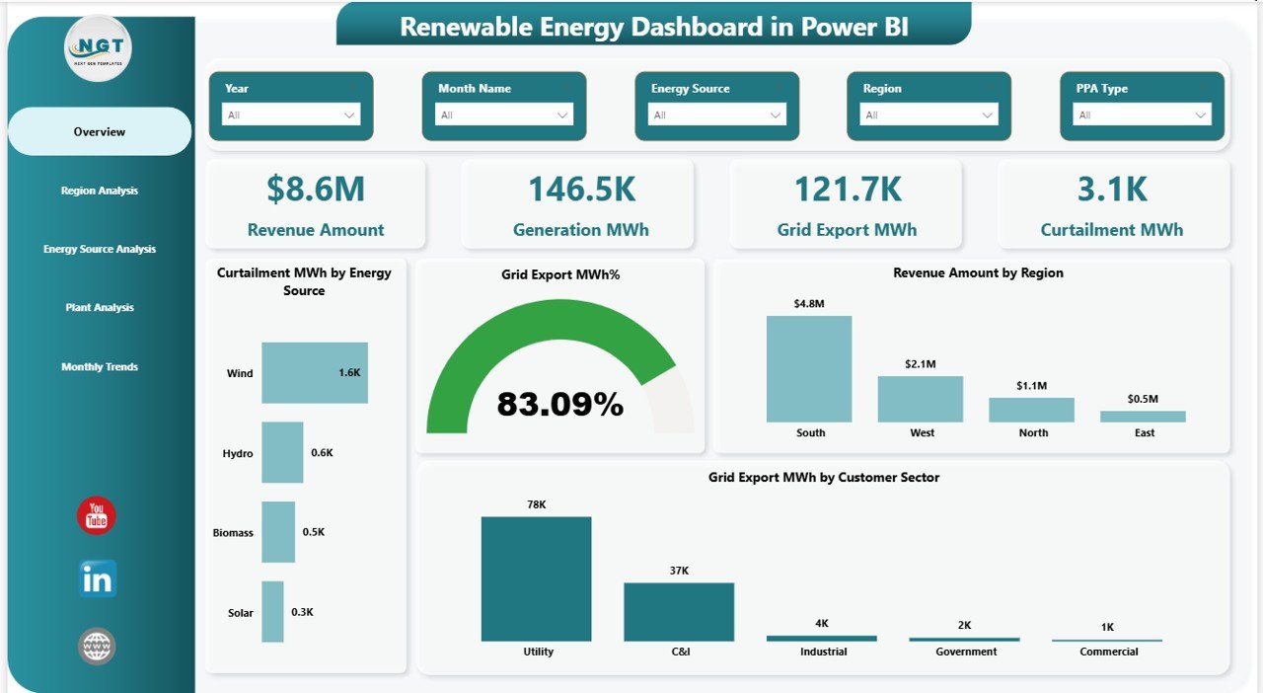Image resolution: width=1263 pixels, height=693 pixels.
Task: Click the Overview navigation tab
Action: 99,131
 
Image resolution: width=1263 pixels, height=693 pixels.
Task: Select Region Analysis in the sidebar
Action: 99,191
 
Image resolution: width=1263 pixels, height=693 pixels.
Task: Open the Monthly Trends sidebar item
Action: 99,367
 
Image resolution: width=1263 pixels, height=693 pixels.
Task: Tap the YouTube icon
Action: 97,515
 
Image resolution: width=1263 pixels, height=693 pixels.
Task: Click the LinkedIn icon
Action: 97,579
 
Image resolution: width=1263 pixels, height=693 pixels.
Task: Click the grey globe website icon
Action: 97,647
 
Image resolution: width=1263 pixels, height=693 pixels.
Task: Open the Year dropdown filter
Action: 291,115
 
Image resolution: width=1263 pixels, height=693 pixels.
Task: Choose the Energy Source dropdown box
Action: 717,115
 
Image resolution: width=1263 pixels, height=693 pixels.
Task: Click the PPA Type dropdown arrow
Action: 1201,115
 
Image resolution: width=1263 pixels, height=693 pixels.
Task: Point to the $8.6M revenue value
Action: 316,190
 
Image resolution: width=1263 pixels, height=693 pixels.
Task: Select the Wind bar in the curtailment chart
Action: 314,373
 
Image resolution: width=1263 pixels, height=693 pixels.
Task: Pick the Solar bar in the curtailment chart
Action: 272,612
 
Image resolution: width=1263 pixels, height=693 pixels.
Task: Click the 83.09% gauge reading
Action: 559,404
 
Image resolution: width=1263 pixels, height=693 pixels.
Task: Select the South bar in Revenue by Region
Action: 809,369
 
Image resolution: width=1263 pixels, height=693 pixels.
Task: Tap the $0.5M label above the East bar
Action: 1143,398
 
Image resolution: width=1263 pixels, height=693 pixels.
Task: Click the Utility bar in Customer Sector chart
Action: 536,578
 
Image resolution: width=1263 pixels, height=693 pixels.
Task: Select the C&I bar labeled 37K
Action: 679,612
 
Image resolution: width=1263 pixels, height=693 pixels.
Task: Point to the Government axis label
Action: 966,652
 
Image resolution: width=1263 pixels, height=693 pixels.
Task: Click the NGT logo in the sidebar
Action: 97,46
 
